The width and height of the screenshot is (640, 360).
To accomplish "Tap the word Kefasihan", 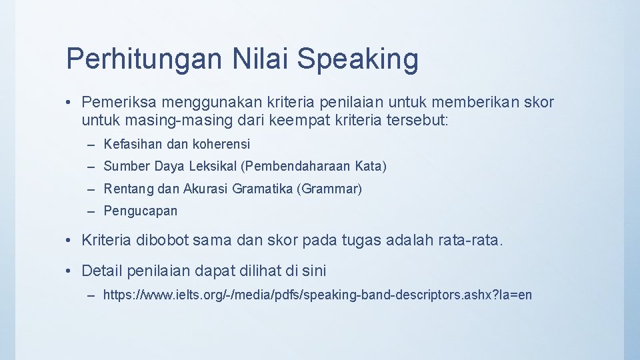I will coord(129,144).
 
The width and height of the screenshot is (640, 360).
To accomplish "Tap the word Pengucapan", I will coord(141,211).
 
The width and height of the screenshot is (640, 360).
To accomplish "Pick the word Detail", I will coord(101,271).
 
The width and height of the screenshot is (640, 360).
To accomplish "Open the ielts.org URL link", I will coord(317,295).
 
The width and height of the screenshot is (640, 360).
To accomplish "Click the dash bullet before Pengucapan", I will coord(91,211).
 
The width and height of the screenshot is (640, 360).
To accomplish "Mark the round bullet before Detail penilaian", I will coord(70,271).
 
